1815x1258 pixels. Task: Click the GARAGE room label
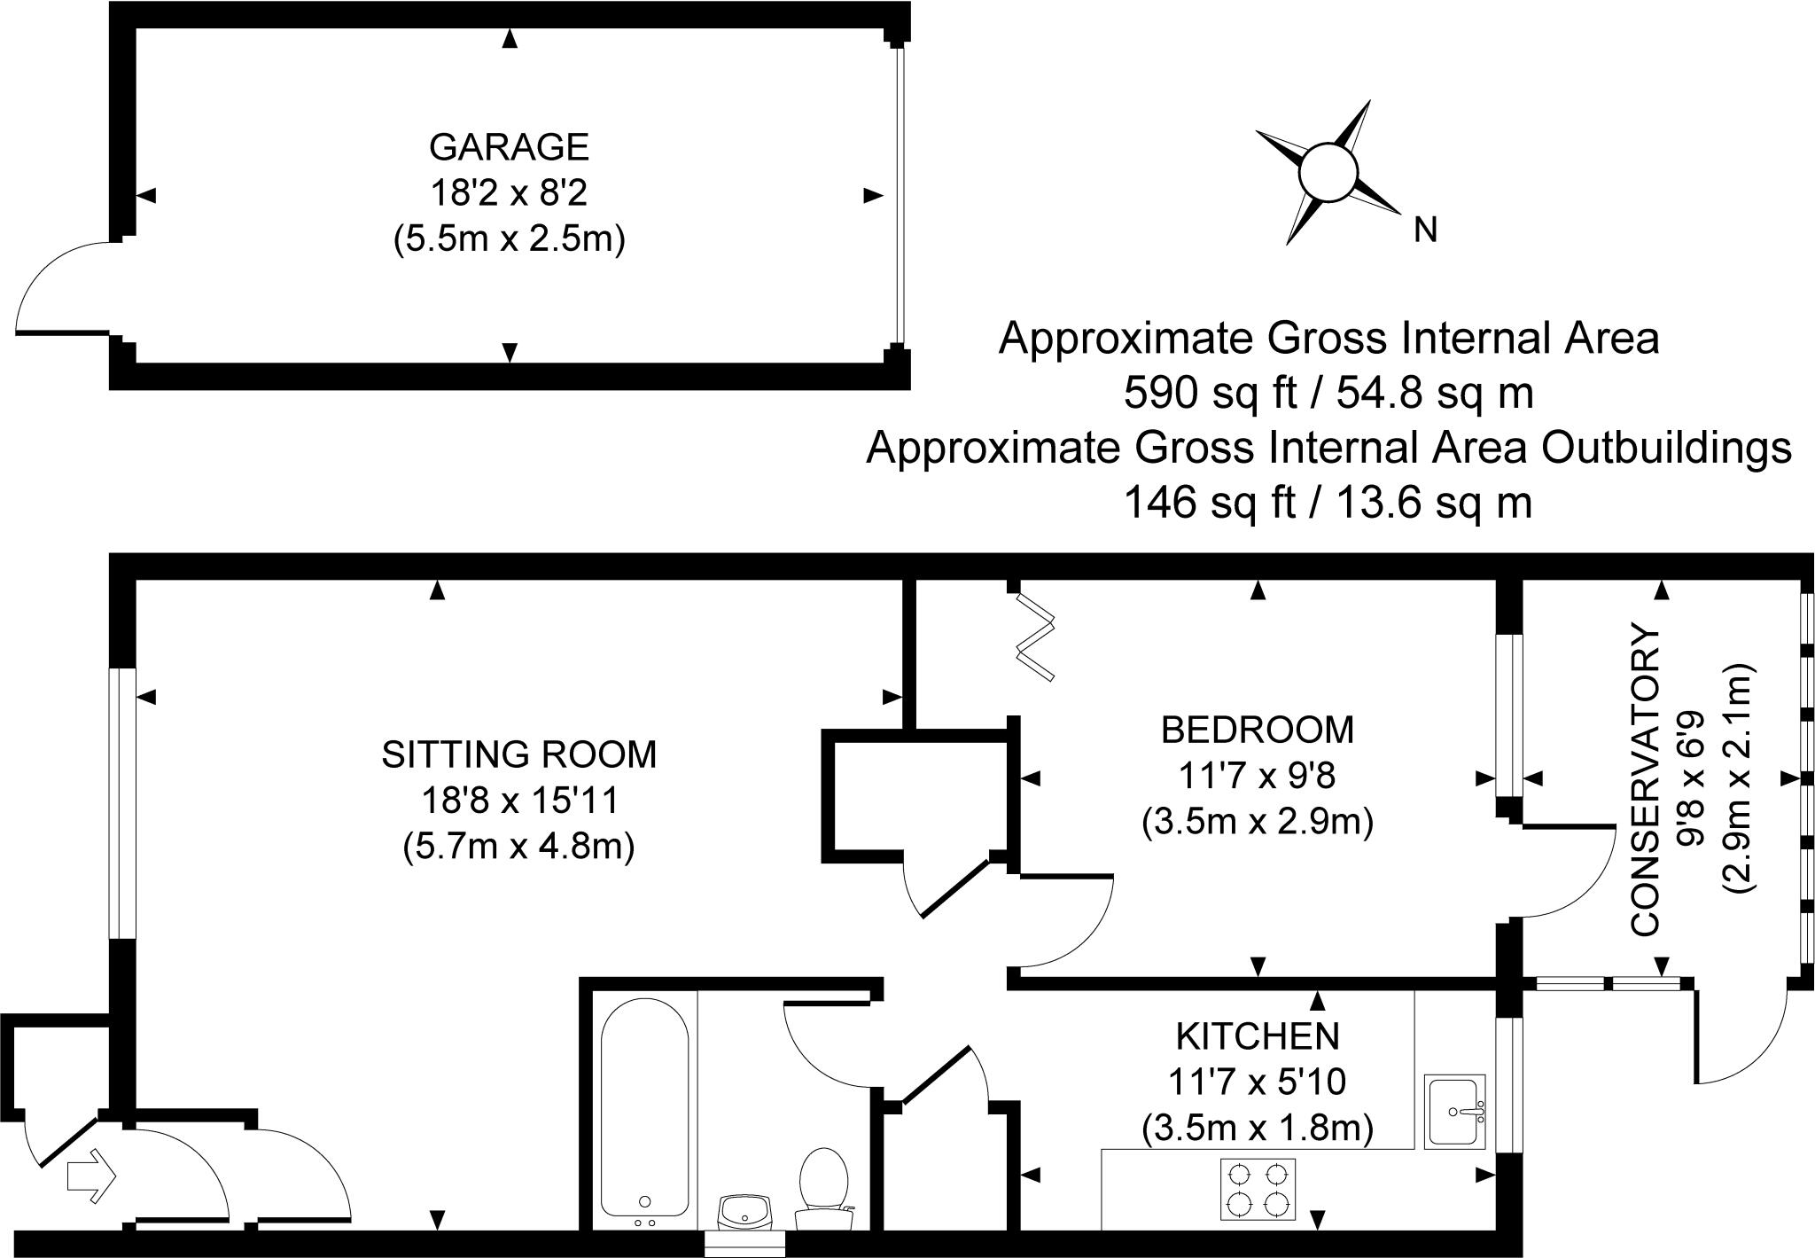coord(509,147)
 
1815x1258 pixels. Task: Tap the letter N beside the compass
coord(1425,231)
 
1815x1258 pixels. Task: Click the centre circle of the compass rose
coord(1327,171)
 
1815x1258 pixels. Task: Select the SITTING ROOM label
coord(519,754)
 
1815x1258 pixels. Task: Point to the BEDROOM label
coord(1258,730)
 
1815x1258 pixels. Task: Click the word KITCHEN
coord(1258,1035)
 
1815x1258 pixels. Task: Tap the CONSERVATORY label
coord(1645,780)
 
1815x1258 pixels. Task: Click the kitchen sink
coord(1455,1112)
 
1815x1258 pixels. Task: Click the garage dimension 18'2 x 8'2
coord(509,193)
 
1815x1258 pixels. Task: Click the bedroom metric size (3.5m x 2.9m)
coord(1258,823)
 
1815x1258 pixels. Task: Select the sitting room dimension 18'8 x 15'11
coord(519,801)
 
